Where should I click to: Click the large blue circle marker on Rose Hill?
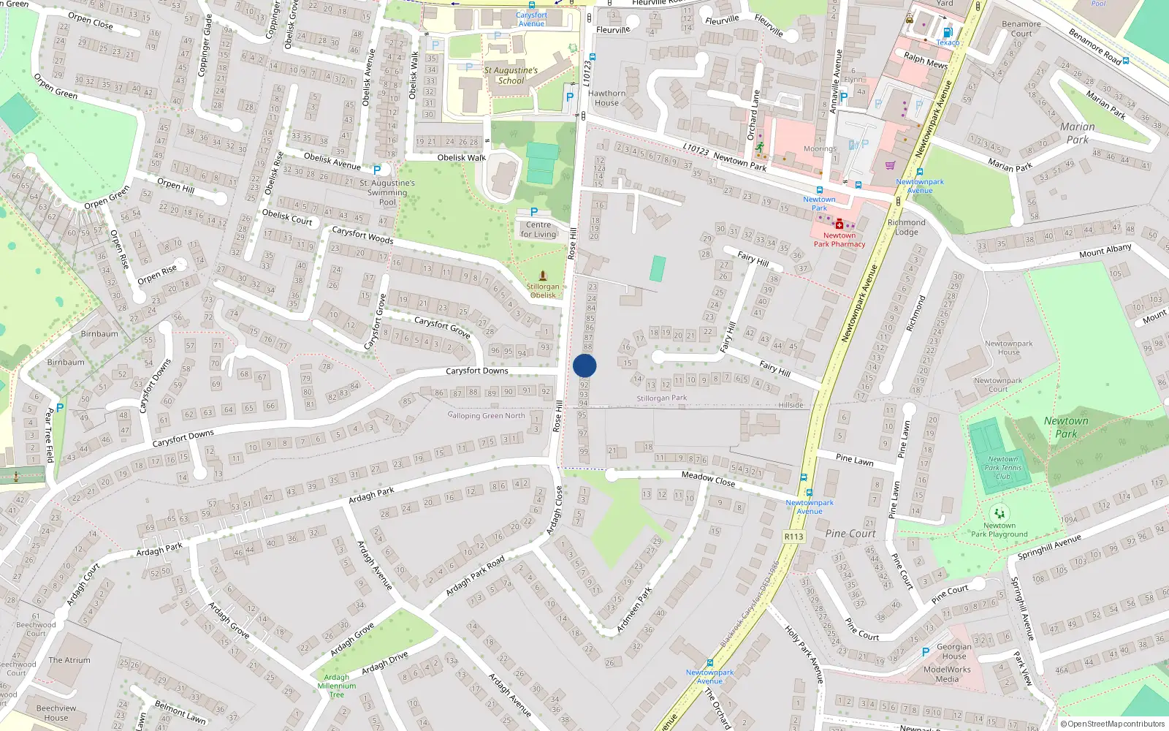[x=584, y=365]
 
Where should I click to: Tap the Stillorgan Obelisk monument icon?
[x=543, y=276]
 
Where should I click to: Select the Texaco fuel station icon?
[x=948, y=32]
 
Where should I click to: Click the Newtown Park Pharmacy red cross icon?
[x=839, y=224]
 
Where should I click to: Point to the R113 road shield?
[x=793, y=537]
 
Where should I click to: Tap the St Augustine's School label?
[x=511, y=75]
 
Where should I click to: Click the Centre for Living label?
[x=538, y=230]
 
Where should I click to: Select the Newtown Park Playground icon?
[x=999, y=513]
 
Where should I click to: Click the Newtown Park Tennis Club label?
[x=1003, y=468]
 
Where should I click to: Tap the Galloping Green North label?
[x=487, y=415]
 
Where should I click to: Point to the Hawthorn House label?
[x=606, y=98]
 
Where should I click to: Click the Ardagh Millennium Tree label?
[x=337, y=686]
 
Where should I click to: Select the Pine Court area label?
[x=850, y=534]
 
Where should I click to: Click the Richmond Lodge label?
[x=907, y=227]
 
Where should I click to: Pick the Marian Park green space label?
[x=1078, y=133]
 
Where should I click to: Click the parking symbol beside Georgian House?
[x=926, y=651]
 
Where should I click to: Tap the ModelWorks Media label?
[x=947, y=674]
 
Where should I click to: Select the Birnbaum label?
[x=99, y=334]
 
